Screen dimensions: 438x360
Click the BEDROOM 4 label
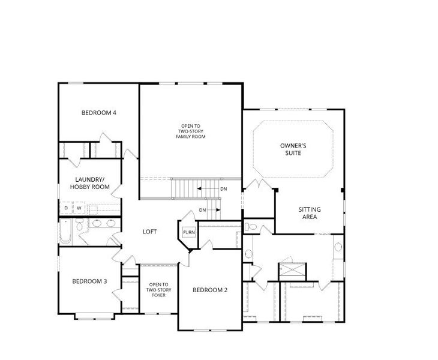coord(98,113)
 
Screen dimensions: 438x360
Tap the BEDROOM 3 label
coord(89,281)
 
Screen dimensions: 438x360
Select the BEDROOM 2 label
coord(210,290)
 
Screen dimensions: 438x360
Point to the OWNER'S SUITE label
coord(293,149)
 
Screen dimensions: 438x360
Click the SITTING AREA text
coord(310,213)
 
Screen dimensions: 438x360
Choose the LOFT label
coord(149,232)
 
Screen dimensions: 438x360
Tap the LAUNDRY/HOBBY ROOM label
coord(89,183)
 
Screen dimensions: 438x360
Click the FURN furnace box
coord(189,232)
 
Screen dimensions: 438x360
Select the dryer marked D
coord(66,208)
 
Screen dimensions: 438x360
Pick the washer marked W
coord(79,208)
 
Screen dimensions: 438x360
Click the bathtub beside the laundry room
coord(65,231)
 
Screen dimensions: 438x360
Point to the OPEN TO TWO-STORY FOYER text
coord(158,290)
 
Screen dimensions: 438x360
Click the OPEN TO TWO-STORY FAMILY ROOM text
coord(191,131)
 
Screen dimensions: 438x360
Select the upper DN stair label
coord(223,189)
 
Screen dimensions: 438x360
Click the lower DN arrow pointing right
coord(214,210)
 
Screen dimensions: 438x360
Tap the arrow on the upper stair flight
coord(208,189)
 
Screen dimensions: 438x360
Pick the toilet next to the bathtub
coord(80,224)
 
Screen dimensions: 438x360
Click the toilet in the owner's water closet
coord(251,227)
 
